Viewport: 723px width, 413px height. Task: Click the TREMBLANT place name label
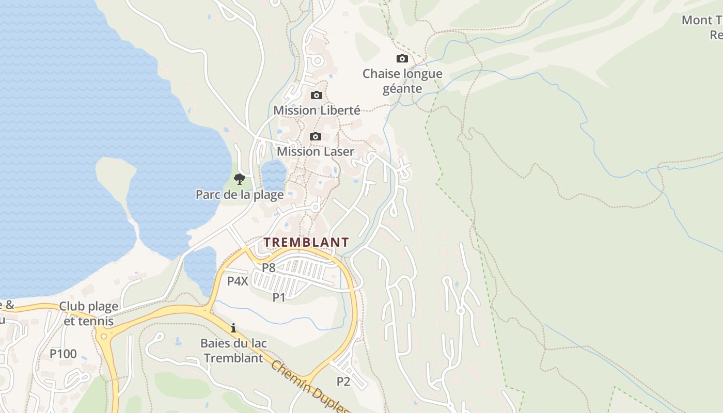point(306,242)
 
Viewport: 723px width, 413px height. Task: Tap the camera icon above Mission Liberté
point(317,96)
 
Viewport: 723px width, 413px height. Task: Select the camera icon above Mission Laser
point(315,137)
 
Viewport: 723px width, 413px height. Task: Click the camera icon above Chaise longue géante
point(402,59)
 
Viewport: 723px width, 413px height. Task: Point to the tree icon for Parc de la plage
point(239,179)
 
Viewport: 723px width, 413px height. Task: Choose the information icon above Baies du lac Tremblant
point(233,328)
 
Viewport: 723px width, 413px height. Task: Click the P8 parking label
point(269,267)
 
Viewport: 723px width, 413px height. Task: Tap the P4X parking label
point(238,281)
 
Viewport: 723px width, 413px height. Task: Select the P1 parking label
point(279,297)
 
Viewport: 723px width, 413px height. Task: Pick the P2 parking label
point(343,382)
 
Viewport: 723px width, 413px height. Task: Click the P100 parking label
point(63,354)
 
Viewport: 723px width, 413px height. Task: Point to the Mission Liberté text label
point(317,110)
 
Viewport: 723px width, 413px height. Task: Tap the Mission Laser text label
point(316,152)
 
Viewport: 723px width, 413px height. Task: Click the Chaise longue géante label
point(402,81)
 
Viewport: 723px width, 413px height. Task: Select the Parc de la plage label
point(240,195)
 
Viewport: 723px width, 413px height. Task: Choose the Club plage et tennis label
point(88,313)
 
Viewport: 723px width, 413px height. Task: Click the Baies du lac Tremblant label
point(233,351)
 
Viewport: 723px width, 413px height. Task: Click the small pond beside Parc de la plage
point(273,174)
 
